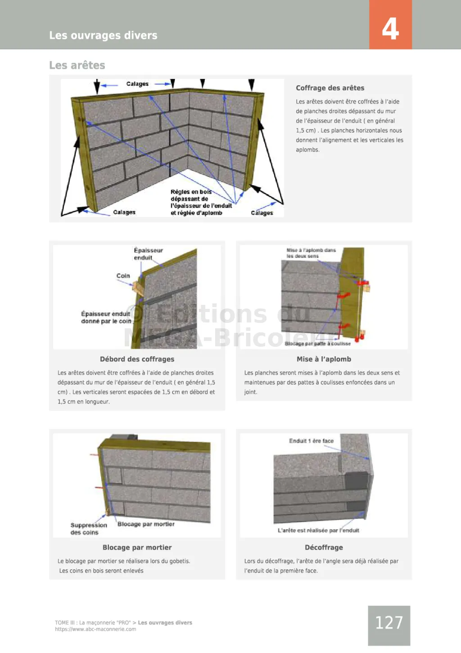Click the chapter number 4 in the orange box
[390, 28]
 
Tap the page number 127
[389, 623]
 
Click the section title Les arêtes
[77, 65]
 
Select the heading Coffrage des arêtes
[330, 88]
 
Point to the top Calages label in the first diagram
[137, 84]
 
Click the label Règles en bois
[191, 192]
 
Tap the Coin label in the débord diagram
[123, 276]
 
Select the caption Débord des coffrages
[137, 359]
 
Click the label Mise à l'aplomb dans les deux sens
[311, 253]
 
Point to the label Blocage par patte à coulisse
[317, 344]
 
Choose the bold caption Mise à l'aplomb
[324, 359]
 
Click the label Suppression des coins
[88, 529]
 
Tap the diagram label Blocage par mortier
[146, 524]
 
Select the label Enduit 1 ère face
[311, 441]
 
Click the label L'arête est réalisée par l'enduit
[318, 530]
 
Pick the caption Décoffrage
[324, 547]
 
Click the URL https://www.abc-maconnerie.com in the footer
[95, 629]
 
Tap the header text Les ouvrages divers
[103, 35]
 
